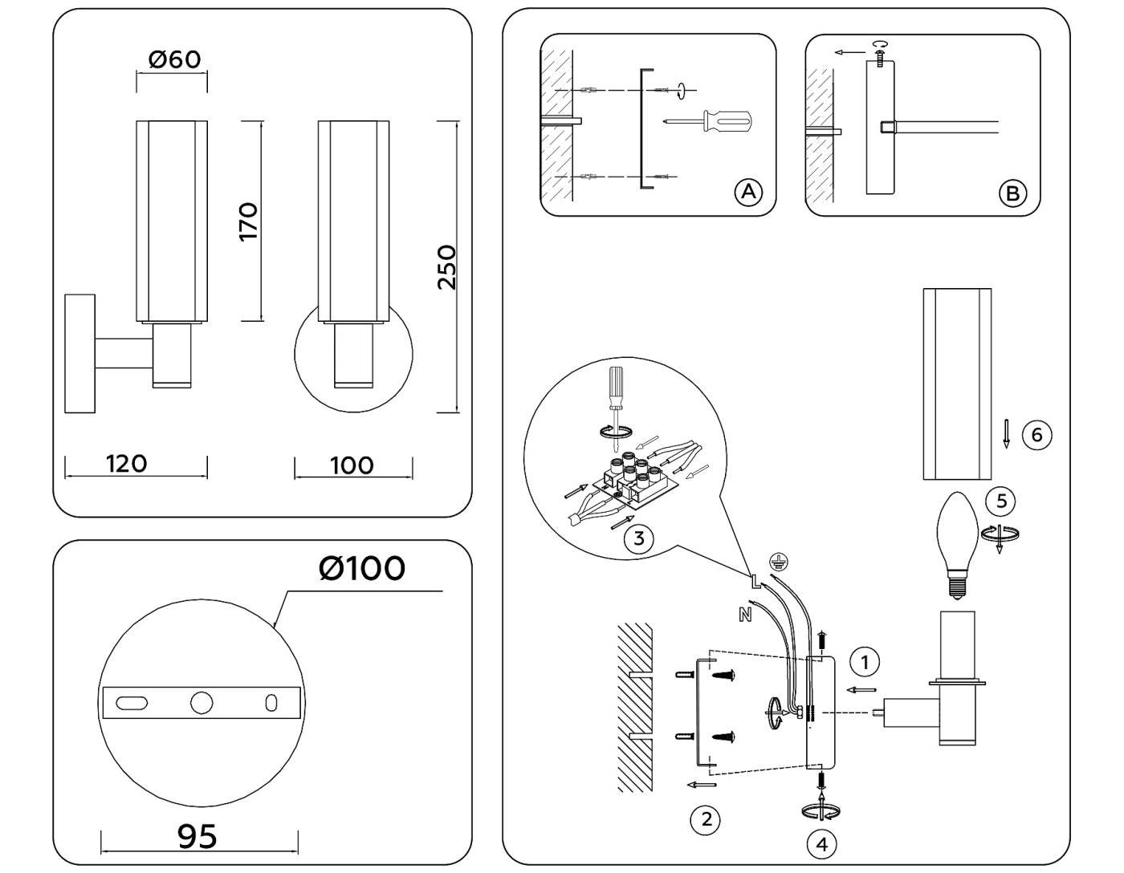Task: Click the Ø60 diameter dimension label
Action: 174,59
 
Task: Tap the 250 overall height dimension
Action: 446,267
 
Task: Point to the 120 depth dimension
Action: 127,464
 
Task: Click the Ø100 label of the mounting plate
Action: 361,568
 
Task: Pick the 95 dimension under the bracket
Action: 197,836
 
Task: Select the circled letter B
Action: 1012,193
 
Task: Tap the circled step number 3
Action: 638,538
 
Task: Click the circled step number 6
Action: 1036,434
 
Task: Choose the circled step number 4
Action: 821,843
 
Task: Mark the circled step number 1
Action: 865,662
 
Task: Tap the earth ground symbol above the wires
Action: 776,561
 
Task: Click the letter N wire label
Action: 744,615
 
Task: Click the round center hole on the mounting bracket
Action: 202,703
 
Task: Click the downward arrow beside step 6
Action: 1006,433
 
